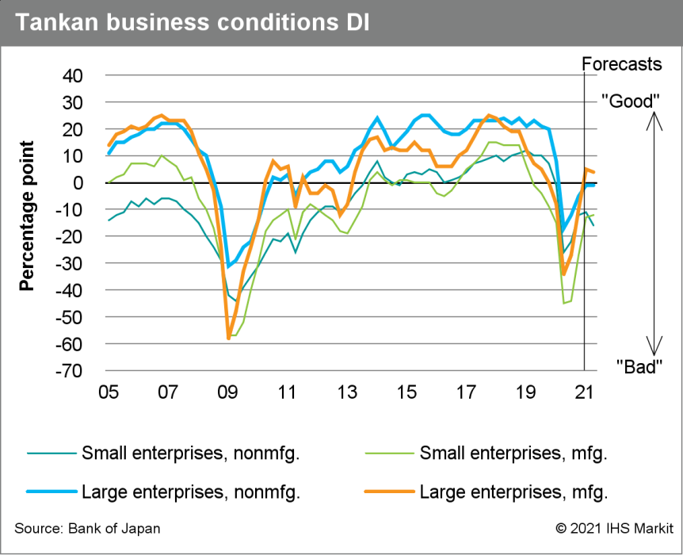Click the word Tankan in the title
(x=55, y=23)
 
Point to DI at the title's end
(x=357, y=23)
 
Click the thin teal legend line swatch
(x=52, y=454)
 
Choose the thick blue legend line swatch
(x=52, y=492)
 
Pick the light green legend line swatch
(x=390, y=454)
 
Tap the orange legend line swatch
(x=390, y=492)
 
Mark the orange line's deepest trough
(x=228, y=339)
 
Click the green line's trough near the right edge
(x=564, y=303)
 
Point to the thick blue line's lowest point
(x=228, y=267)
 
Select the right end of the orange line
(x=594, y=172)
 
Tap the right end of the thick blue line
(x=594, y=186)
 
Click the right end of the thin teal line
(x=594, y=225)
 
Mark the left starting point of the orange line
(x=109, y=145)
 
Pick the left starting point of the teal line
(x=109, y=220)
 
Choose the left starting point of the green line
(x=109, y=182)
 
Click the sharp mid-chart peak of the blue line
(x=377, y=117)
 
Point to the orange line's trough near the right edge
(x=563, y=275)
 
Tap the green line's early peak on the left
(x=161, y=155)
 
